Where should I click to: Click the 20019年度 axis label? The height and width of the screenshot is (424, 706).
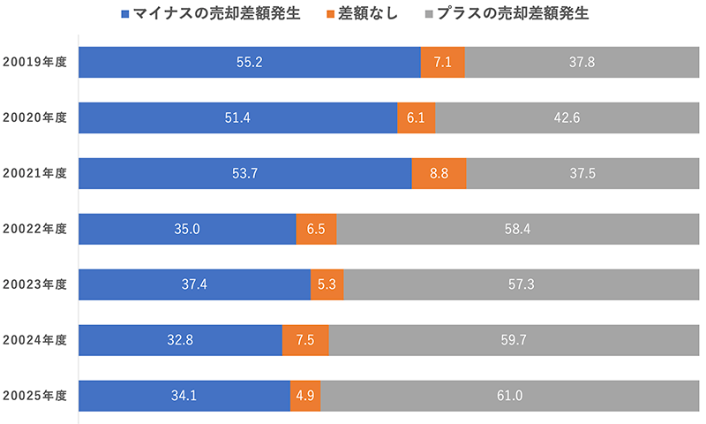[34, 63]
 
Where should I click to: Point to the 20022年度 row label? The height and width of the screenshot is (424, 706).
[34, 229]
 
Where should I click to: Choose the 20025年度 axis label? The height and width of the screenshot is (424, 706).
[34, 395]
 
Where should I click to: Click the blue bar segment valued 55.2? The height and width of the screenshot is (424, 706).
[250, 63]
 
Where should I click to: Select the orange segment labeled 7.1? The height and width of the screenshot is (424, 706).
[443, 63]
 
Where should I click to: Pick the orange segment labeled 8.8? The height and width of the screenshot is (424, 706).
[439, 173]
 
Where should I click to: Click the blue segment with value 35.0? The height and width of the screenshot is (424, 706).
[187, 229]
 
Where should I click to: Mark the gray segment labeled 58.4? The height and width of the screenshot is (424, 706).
[516, 229]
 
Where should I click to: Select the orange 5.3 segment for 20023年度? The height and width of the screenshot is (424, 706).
[327, 284]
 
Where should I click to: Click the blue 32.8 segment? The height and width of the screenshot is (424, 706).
[180, 339]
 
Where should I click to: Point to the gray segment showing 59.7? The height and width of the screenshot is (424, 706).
[512, 339]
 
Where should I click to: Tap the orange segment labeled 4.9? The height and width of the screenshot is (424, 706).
[305, 395]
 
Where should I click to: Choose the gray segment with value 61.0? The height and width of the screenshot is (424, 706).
[508, 395]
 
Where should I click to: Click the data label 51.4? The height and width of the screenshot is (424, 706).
[238, 118]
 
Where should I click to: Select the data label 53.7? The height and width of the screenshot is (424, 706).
[244, 173]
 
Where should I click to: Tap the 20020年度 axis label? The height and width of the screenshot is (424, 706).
[34, 118]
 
